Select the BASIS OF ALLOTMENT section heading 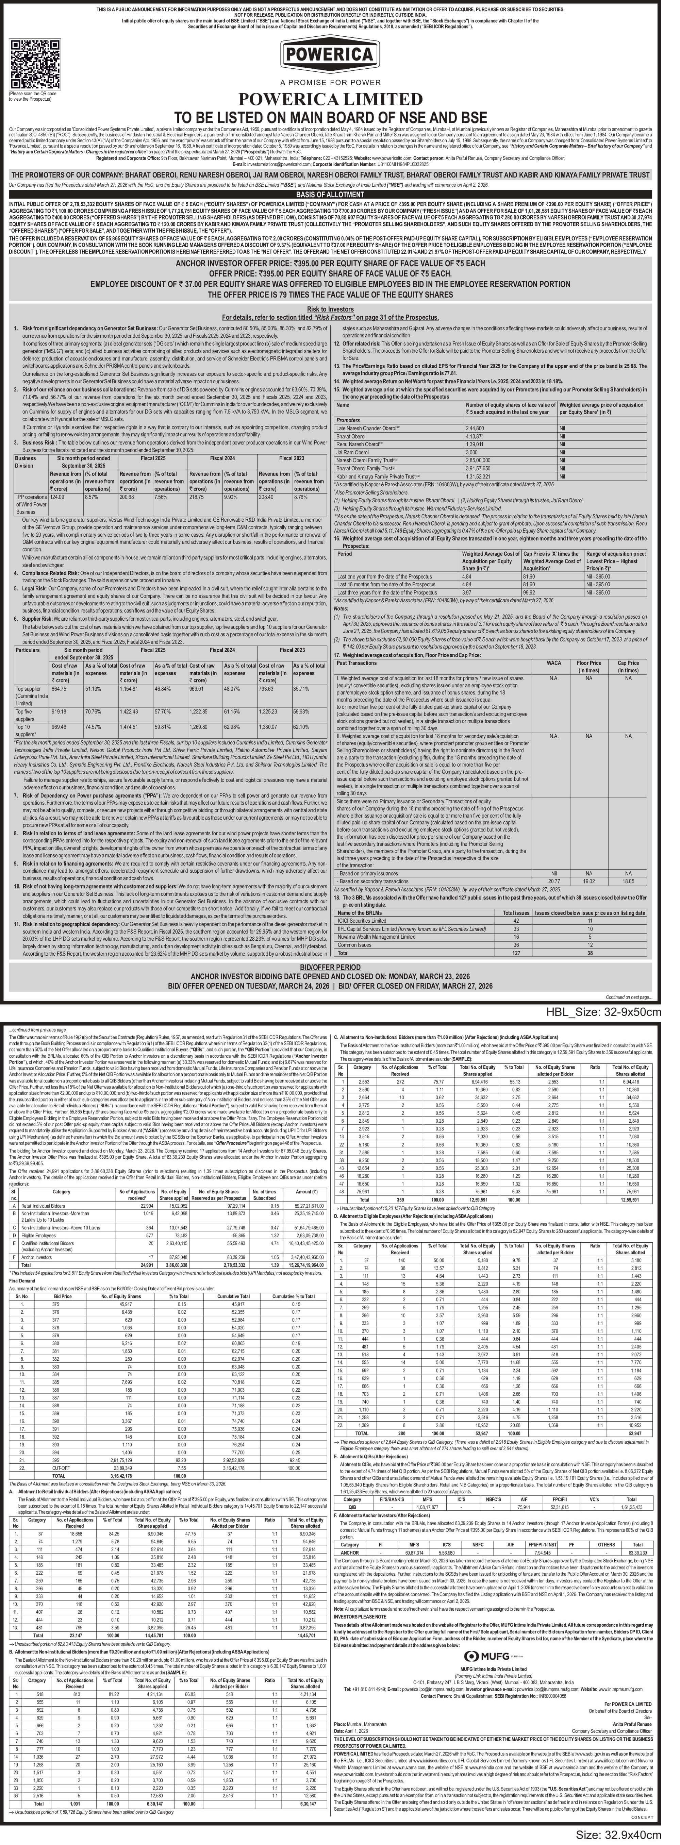point(339,194)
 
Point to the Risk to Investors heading point(339,308)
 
